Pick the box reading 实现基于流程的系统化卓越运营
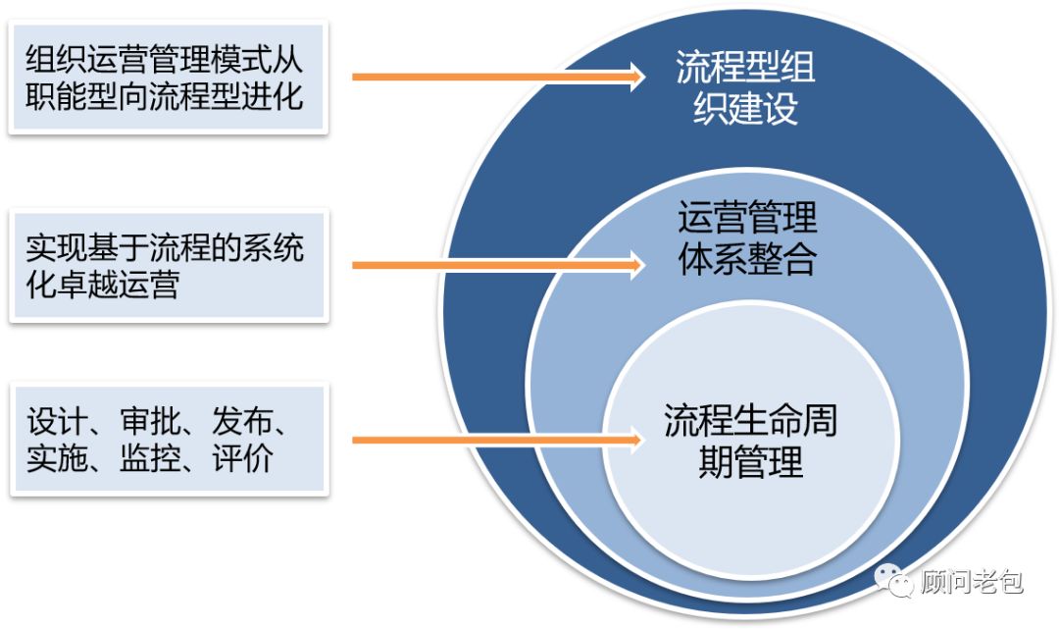point(169,266)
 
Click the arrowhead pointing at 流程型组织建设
point(635,76)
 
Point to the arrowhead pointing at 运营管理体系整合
point(635,264)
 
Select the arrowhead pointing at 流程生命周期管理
point(635,440)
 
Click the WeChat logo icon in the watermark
point(892,582)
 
